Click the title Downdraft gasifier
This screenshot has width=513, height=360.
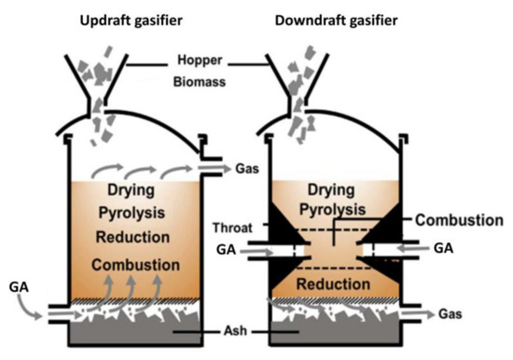pyautogui.click(x=343, y=18)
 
